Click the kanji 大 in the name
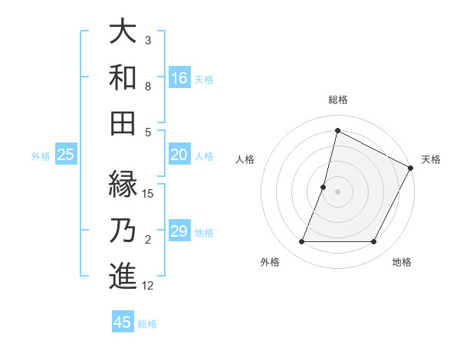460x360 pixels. (123, 33)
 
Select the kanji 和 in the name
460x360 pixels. (123, 77)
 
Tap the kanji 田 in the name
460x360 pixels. (123, 122)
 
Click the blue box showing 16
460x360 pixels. (179, 77)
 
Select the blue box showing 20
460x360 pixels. (179, 155)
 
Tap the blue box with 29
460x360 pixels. (179, 232)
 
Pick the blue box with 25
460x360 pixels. (65, 155)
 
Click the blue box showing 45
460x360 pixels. (123, 322)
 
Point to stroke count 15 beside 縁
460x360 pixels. (149, 193)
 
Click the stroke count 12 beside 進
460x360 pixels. (148, 286)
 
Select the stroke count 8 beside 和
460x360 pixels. (148, 87)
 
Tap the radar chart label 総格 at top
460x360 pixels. (337, 100)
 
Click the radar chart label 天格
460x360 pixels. (431, 159)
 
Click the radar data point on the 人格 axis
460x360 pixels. (324, 187)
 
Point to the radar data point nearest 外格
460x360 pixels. (301, 242)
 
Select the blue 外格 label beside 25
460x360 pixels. (41, 156)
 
